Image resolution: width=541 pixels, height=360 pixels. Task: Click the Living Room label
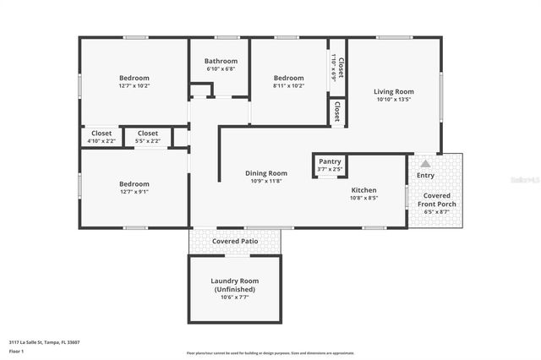tap(394, 91)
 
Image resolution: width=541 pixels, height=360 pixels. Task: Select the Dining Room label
tap(266, 173)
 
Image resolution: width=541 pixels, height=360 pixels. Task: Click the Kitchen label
tap(364, 190)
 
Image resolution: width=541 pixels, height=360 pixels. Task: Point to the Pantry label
tap(330, 161)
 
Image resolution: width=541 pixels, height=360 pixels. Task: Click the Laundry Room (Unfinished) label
tap(234, 285)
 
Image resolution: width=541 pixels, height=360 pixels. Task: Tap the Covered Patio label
tap(235, 241)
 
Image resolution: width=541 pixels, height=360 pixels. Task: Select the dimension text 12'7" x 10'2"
tap(134, 85)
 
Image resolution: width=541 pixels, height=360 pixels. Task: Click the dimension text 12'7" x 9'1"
tap(134, 192)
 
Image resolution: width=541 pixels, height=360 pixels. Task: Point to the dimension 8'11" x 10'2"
tap(288, 85)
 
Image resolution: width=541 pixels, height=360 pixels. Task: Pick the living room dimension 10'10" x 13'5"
tap(394, 99)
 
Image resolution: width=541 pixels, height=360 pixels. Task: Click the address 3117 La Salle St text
tap(44, 342)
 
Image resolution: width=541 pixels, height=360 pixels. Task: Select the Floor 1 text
tap(16, 350)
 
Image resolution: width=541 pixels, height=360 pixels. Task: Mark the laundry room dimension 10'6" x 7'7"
tap(234, 297)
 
